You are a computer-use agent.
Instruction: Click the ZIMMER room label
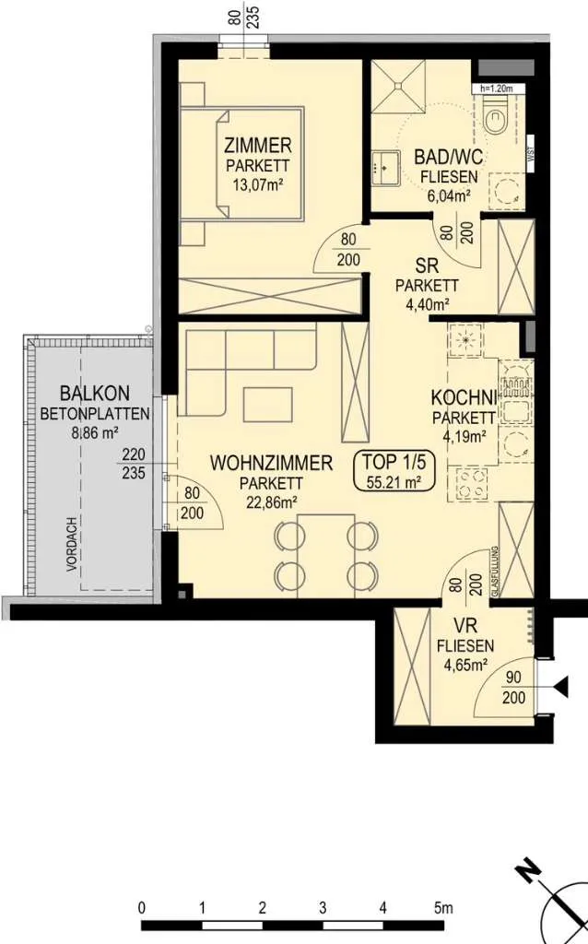click(257, 145)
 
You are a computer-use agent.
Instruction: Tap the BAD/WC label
click(448, 157)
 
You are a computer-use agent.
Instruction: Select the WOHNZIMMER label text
click(271, 463)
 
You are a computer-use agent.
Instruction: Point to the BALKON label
click(95, 393)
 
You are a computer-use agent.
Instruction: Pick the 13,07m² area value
click(258, 184)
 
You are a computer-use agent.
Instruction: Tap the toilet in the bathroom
click(497, 117)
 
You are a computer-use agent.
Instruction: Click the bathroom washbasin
click(384, 167)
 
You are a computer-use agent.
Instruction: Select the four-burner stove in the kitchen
click(473, 483)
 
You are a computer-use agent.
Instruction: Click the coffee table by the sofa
click(268, 405)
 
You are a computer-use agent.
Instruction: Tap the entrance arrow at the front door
click(561, 687)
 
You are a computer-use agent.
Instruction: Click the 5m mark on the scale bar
click(443, 907)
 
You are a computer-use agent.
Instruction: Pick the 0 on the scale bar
click(141, 907)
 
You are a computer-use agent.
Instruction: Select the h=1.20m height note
click(497, 88)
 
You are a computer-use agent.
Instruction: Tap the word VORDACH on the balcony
click(72, 544)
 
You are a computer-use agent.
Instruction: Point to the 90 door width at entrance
click(513, 678)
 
